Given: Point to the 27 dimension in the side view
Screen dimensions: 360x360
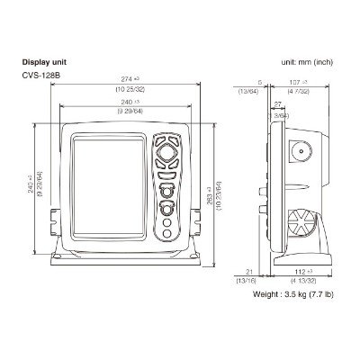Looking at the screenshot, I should pyautogui.click(x=277, y=105).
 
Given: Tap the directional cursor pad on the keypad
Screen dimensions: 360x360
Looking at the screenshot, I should pyautogui.click(x=166, y=153).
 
